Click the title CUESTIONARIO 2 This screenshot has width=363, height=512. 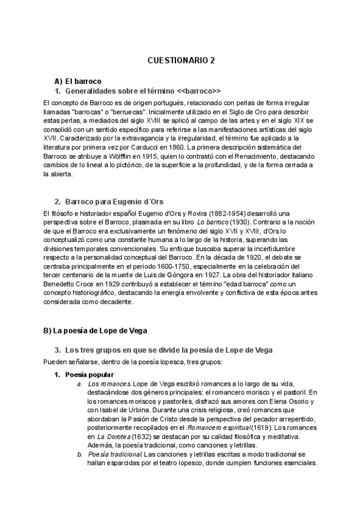coord(181,61)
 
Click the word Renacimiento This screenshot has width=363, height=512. coord(269,156)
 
